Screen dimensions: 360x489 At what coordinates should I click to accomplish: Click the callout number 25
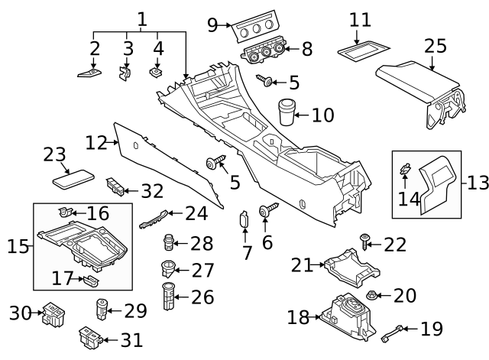pos(435,46)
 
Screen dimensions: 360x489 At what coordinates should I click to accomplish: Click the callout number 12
pos(97,142)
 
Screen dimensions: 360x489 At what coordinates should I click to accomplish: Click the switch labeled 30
pos(53,312)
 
